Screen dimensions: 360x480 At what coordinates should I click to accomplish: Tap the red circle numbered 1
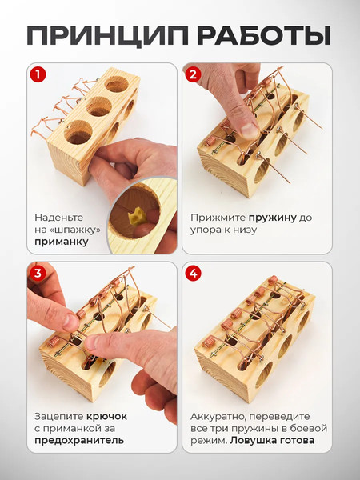click(x=38, y=74)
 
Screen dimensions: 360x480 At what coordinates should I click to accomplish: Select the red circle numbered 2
click(x=193, y=74)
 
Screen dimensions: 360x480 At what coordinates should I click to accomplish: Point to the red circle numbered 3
click(x=38, y=273)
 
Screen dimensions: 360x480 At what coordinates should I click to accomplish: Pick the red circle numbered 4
click(x=193, y=273)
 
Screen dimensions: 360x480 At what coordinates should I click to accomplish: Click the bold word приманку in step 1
click(x=62, y=242)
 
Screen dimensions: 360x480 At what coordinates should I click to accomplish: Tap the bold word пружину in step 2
click(x=273, y=218)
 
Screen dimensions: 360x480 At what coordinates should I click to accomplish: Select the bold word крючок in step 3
click(x=106, y=416)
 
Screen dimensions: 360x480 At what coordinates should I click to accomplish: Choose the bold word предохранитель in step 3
click(x=79, y=441)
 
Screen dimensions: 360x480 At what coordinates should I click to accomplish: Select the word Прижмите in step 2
click(x=218, y=218)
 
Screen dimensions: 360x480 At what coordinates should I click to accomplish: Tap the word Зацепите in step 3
click(x=58, y=417)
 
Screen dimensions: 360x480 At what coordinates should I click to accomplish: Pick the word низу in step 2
click(x=244, y=230)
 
